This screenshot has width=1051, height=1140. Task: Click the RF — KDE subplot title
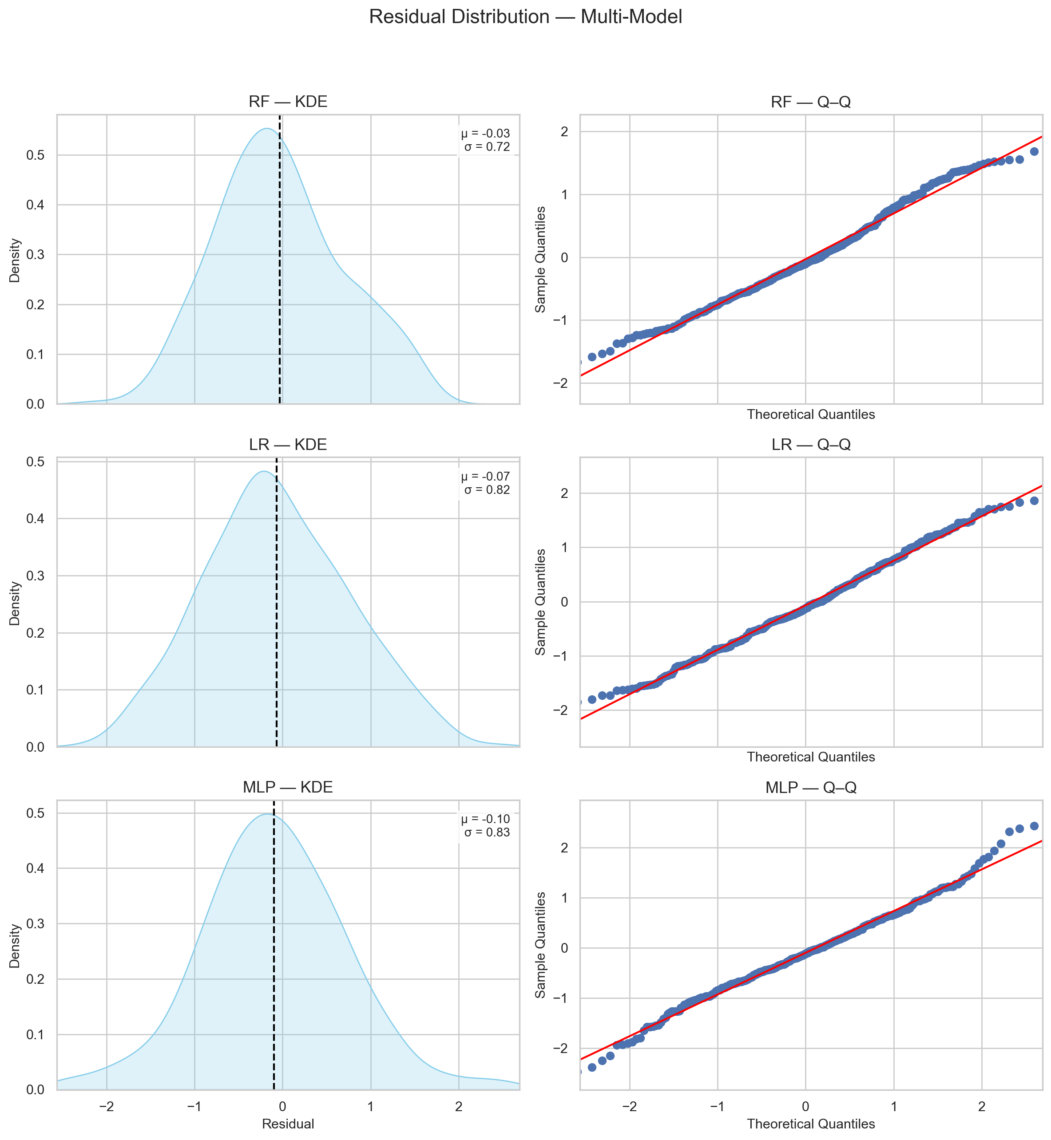click(x=288, y=102)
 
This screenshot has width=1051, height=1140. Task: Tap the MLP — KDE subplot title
click(x=288, y=787)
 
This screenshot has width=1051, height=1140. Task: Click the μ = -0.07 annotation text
click(x=485, y=476)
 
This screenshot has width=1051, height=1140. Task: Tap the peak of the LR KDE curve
click(x=263, y=471)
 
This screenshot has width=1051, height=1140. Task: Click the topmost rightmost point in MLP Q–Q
click(x=1034, y=826)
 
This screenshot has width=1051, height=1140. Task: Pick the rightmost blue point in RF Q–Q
click(x=1034, y=151)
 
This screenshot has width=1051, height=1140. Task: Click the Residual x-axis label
click(x=288, y=1124)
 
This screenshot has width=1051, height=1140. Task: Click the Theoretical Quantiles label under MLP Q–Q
click(x=810, y=1124)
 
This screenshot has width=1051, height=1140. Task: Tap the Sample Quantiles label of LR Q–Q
click(x=540, y=601)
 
